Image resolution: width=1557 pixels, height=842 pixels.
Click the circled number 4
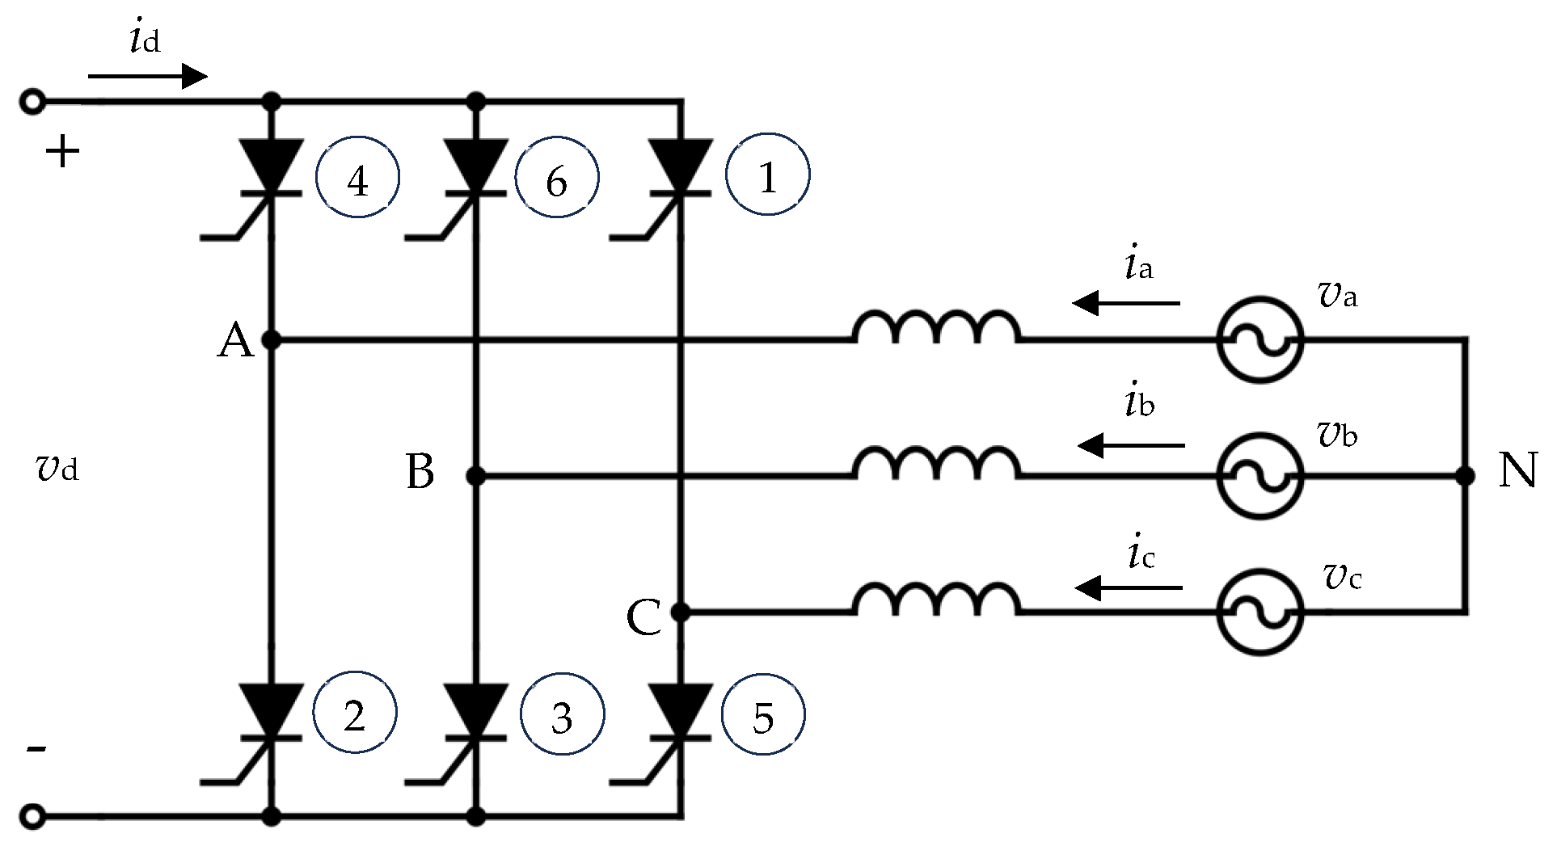(357, 179)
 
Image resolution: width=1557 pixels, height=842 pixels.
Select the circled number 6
(556, 179)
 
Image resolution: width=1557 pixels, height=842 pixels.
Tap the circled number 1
(767, 177)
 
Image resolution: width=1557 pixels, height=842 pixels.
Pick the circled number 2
(355, 714)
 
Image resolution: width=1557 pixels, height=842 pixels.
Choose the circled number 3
(562, 716)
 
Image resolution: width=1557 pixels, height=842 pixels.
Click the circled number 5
(763, 716)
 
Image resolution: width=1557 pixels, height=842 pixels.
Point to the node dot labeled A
(272, 340)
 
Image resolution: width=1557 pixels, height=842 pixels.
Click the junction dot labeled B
(476, 477)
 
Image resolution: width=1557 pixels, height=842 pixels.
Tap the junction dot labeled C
(681, 613)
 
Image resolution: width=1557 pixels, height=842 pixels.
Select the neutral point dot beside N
(1465, 477)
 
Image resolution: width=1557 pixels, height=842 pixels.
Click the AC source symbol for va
(1260, 340)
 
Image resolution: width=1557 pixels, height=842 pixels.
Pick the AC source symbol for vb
(1260, 477)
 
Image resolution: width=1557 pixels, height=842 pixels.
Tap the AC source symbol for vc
(1260, 613)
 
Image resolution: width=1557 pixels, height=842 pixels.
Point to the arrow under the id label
(148, 77)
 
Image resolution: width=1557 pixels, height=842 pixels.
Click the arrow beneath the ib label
(1132, 445)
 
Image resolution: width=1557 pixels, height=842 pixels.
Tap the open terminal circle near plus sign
(32, 103)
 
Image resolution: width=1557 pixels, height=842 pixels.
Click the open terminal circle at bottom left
(32, 817)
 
